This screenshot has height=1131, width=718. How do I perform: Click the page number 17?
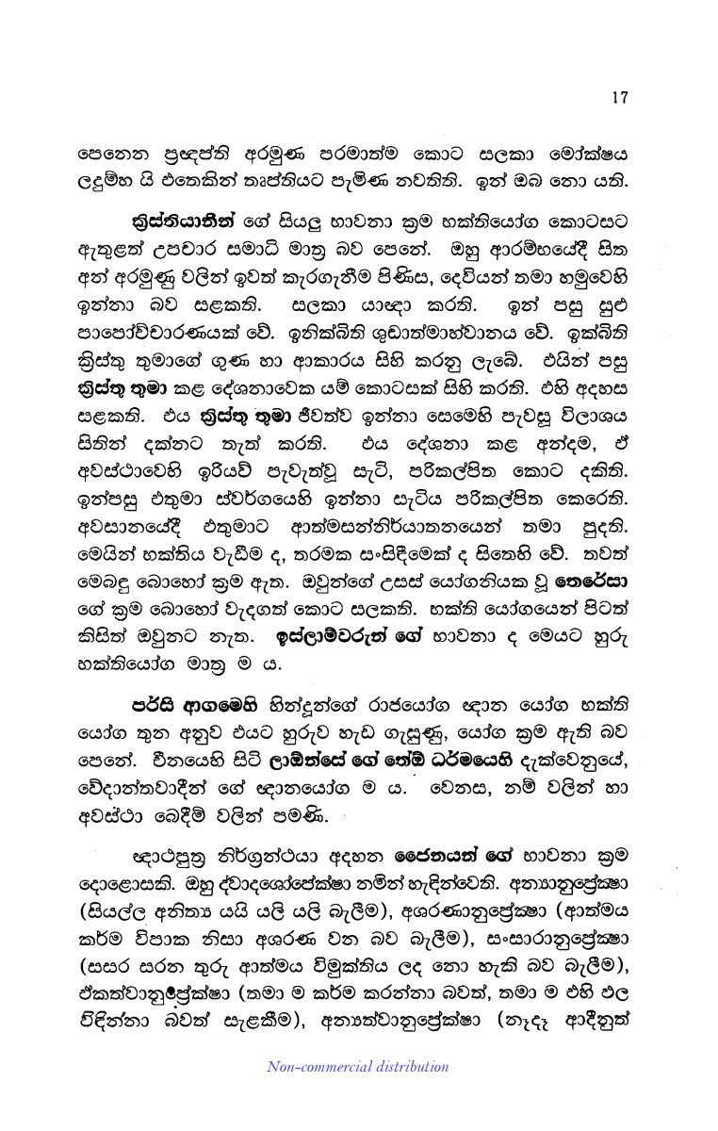click(619, 96)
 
